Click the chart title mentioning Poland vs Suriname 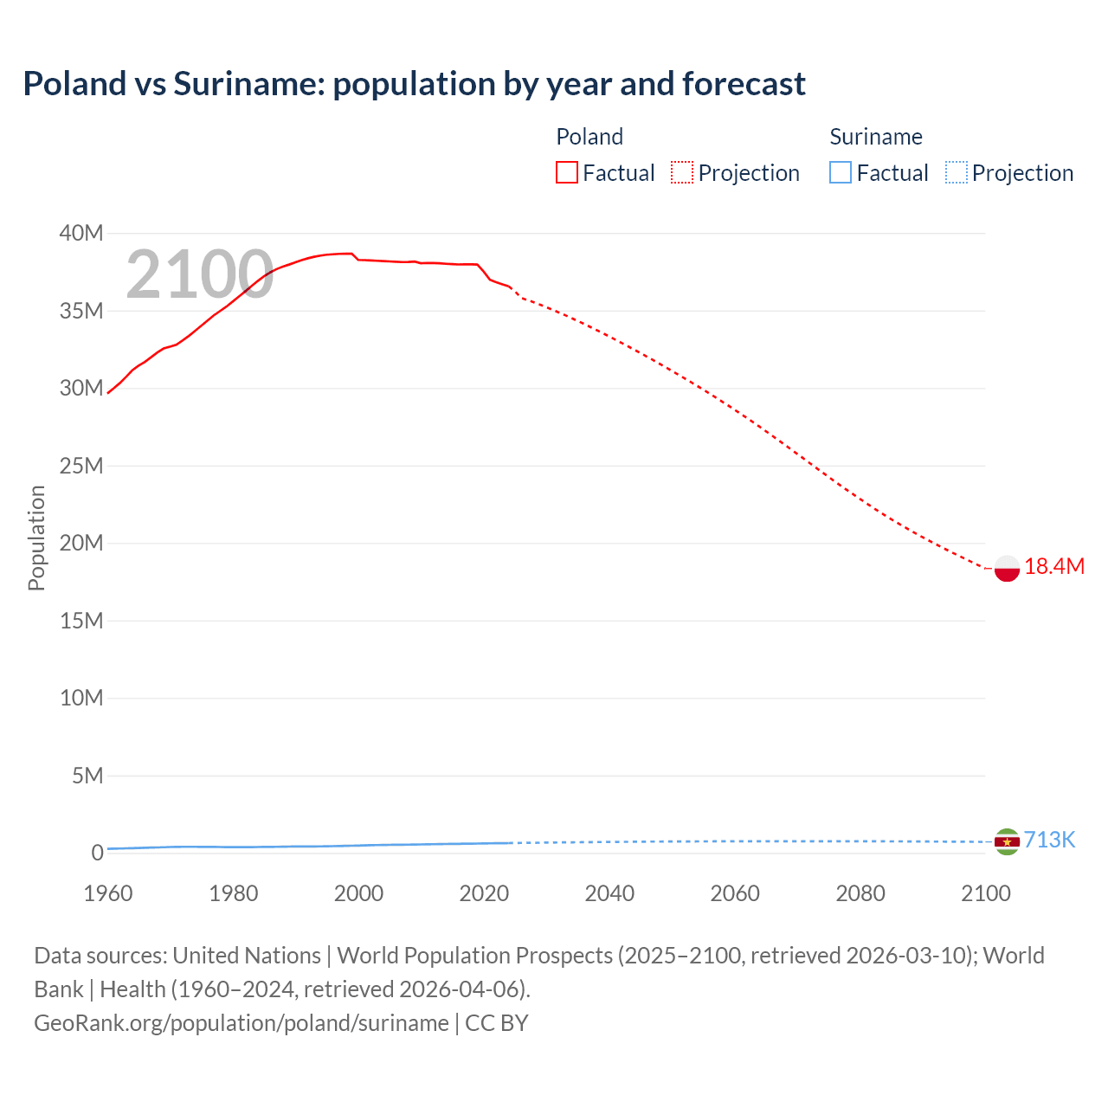click(x=414, y=84)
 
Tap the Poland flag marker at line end click(x=1007, y=569)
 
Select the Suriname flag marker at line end click(x=1007, y=841)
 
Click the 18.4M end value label click(x=1053, y=567)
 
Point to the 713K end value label click(x=1049, y=841)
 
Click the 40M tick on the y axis click(x=81, y=234)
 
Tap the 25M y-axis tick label click(x=81, y=467)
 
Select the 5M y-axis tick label click(x=87, y=776)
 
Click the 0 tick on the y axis click(x=97, y=854)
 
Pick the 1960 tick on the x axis click(x=108, y=894)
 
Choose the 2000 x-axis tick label click(x=358, y=894)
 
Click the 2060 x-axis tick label click(x=735, y=894)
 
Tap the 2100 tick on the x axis click(x=985, y=894)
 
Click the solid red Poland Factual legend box click(x=567, y=173)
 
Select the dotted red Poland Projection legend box click(x=682, y=173)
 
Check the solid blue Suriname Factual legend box click(x=841, y=173)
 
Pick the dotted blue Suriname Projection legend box click(x=957, y=173)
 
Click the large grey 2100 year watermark click(x=200, y=275)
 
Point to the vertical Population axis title click(x=36, y=538)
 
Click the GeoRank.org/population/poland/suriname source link click(x=242, y=1023)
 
